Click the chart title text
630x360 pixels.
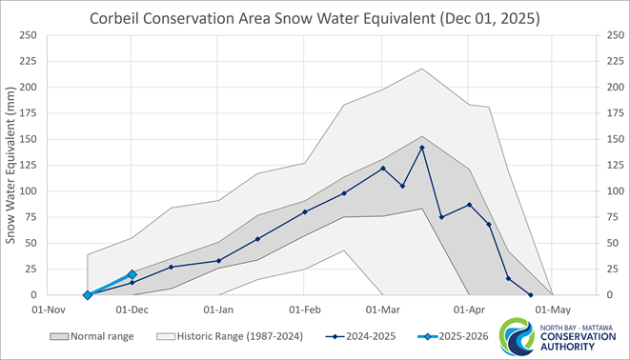click(314, 18)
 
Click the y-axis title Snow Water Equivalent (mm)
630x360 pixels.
click(12, 164)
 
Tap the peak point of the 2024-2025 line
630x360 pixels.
click(422, 148)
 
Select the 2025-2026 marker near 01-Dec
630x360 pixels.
click(132, 274)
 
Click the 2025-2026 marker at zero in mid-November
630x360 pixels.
click(88, 295)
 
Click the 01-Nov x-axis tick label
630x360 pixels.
click(48, 310)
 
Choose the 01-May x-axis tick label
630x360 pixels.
click(553, 310)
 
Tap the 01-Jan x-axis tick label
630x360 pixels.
click(219, 310)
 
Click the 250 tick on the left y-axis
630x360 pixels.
click(28, 35)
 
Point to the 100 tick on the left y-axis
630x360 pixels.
click(28, 191)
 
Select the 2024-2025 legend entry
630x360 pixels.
click(357, 335)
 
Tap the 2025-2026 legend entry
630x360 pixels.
click(447, 335)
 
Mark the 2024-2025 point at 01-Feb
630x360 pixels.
click(305, 211)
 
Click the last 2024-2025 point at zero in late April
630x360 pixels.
click(531, 295)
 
